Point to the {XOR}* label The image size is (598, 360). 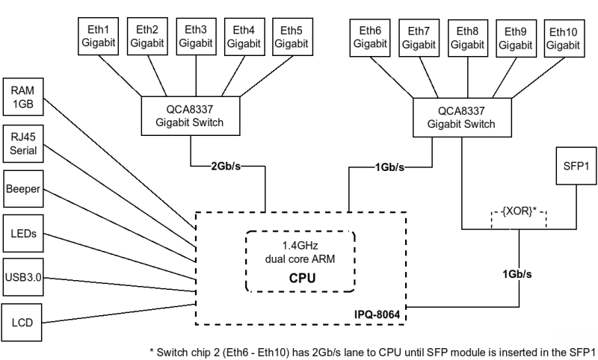(519, 211)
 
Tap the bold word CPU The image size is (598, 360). (300, 277)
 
